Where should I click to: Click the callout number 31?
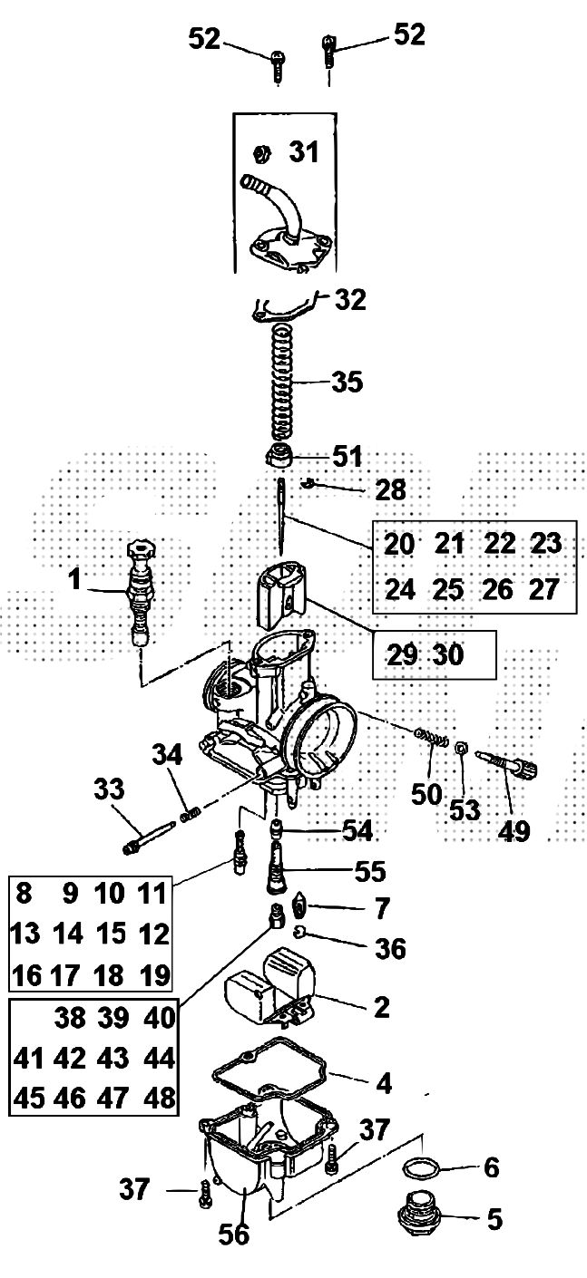[304, 152]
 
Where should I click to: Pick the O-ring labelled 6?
[423, 1167]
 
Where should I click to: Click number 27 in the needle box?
[543, 589]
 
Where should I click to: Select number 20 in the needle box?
[399, 544]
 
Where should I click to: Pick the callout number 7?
[381, 907]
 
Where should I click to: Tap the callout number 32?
[350, 299]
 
